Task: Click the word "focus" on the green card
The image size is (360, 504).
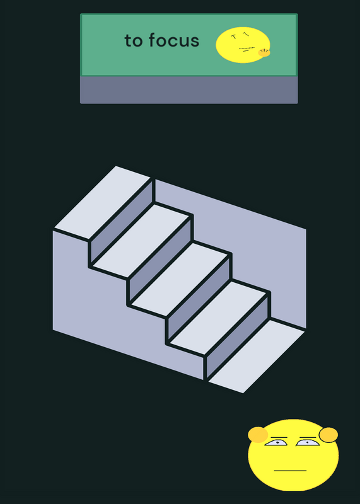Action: coord(174,40)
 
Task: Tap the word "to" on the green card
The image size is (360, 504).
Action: coord(134,41)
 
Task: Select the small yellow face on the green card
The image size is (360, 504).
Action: coord(243,45)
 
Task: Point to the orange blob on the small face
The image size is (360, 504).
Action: coord(264,53)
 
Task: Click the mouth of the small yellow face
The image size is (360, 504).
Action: coord(247,49)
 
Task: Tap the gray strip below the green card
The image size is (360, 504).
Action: coord(189,89)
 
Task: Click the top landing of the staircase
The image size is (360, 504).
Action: coord(103,202)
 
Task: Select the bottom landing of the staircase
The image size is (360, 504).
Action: coord(257,356)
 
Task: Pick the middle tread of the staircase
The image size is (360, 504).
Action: coord(180,279)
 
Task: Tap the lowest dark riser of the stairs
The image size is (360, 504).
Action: coord(238,335)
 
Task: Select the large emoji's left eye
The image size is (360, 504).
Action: coord(276,443)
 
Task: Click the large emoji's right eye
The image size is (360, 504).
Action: coord(308,443)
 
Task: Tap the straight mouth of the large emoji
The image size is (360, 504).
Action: coord(290,471)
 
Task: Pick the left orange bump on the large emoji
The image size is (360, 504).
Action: coord(258,435)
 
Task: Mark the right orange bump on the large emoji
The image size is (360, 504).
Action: coord(328,435)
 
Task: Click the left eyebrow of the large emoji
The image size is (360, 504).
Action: coord(279,437)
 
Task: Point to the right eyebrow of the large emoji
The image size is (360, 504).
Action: coord(308,437)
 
